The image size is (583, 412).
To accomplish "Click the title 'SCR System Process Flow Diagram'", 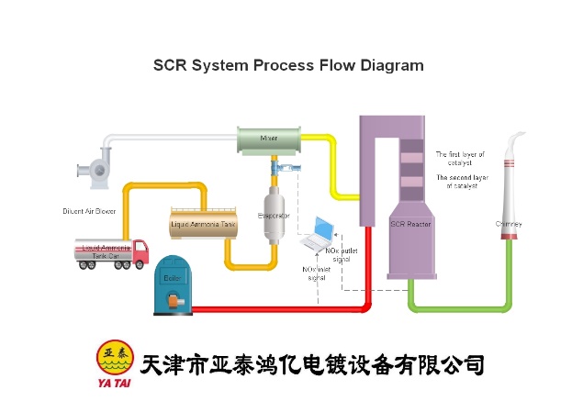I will (287, 65).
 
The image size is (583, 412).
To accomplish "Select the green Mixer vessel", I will (269, 140).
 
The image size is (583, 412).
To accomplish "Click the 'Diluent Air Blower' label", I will (89, 211).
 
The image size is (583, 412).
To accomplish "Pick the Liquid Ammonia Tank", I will (203, 224).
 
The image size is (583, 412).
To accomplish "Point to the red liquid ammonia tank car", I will (111, 251).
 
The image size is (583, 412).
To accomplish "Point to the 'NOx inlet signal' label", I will (317, 273).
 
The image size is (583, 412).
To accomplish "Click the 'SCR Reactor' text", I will (410, 223).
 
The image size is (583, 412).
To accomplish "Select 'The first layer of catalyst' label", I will (460, 158).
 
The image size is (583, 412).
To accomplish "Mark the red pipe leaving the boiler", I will (275, 308).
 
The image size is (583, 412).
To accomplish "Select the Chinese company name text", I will (312, 364).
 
